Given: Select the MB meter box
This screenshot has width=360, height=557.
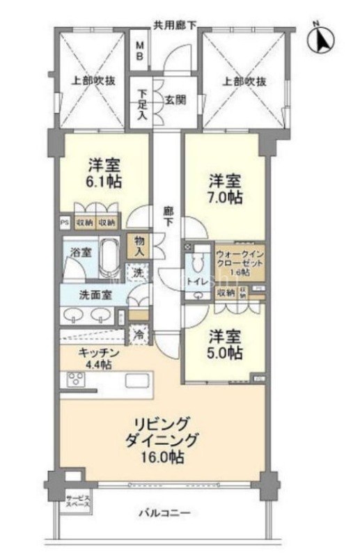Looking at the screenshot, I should (140, 49).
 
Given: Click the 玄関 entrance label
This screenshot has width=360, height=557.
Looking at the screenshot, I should (174, 100).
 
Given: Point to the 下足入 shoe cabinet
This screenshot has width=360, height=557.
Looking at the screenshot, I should (142, 104).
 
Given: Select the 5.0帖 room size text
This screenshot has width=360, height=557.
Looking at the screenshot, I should (225, 352).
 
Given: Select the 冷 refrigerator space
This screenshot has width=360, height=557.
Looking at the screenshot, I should (139, 334).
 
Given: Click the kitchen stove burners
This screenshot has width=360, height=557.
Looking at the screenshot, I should (75, 380).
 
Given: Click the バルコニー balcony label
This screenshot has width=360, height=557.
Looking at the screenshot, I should (164, 513).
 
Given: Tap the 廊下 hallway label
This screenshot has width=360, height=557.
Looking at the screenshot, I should (168, 215).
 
